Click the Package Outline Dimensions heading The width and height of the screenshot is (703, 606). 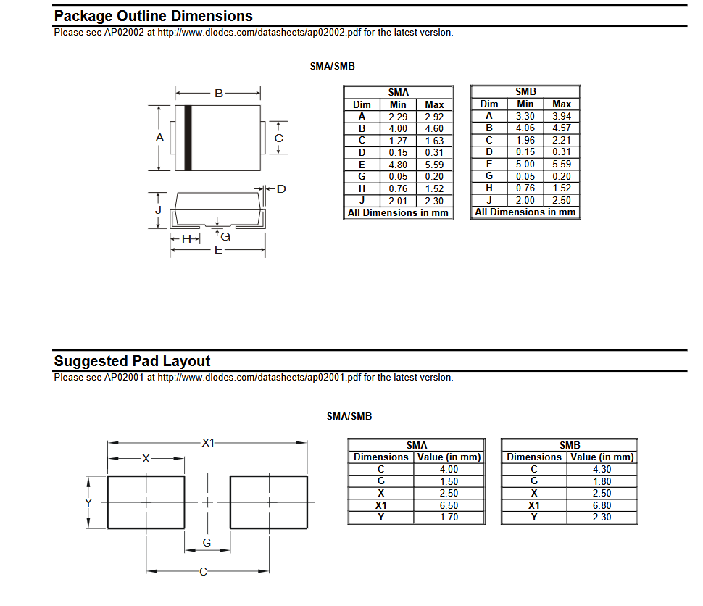(x=153, y=16)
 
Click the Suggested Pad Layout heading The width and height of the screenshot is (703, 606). (x=132, y=361)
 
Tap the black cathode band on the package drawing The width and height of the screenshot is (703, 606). (x=188, y=138)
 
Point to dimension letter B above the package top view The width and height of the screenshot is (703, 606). (x=217, y=93)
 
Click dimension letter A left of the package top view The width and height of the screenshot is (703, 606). (x=160, y=138)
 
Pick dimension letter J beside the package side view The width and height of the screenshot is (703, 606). (x=158, y=210)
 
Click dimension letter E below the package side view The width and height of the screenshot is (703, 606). (x=217, y=250)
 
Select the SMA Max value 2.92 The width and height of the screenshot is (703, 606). (x=434, y=117)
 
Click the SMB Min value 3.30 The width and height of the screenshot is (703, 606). (x=525, y=116)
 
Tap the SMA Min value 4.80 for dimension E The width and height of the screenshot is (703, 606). (x=398, y=165)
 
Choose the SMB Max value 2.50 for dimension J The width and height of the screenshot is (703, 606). (x=562, y=200)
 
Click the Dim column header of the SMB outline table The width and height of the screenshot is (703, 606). (x=489, y=104)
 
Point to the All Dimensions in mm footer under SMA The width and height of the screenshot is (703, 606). (x=398, y=213)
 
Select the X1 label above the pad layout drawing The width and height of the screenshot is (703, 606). (x=209, y=442)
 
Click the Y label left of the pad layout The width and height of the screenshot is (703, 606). (x=88, y=502)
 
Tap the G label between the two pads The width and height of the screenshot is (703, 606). (x=207, y=542)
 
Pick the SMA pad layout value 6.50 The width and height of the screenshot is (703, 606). (x=449, y=505)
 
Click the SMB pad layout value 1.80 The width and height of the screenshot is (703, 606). (x=602, y=481)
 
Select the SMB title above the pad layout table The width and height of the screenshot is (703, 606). (x=570, y=445)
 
